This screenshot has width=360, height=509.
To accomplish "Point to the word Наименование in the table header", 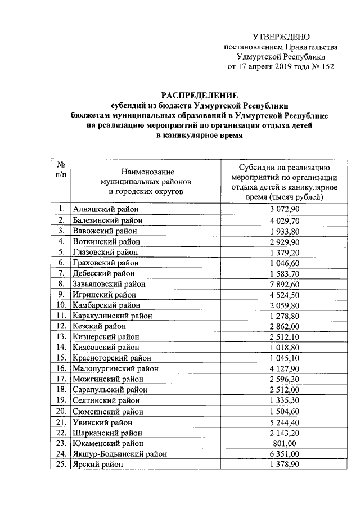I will click(x=146, y=171).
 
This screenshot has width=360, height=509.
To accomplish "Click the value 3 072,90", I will click(x=284, y=209).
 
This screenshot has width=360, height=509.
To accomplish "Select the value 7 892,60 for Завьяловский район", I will click(x=284, y=283).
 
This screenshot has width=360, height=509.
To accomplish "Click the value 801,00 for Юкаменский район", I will click(x=284, y=443).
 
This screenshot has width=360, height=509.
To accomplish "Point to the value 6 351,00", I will click(x=284, y=454).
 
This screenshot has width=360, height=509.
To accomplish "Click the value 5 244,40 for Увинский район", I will click(x=284, y=422).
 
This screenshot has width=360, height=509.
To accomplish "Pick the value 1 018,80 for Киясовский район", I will click(x=284, y=348).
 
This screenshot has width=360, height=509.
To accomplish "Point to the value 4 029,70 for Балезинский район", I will click(x=284, y=220).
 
